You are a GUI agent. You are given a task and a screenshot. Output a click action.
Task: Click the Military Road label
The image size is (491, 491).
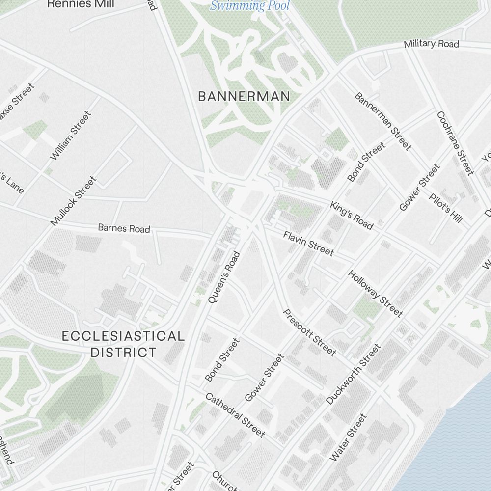pyautogui.click(x=431, y=44)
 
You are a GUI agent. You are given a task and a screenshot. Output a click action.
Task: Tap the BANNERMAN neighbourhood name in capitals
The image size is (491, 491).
pyautogui.click(x=244, y=97)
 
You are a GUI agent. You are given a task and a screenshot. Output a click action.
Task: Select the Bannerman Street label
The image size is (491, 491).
pyautogui.click(x=382, y=121)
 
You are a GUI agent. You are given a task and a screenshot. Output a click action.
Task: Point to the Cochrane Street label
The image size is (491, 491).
pyautogui.click(x=456, y=143)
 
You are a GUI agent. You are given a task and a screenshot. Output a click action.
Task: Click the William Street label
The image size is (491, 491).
pyautogui.click(x=71, y=135)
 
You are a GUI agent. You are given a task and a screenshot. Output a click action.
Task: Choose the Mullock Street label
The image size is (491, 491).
pyautogui.click(x=74, y=201)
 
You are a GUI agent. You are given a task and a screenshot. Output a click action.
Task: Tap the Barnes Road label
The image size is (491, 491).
pyautogui.click(x=124, y=228)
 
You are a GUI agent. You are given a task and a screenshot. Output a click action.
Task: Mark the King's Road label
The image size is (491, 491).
pyautogui.click(x=352, y=215)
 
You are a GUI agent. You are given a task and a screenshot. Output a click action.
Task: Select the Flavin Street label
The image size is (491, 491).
pyautogui.click(x=308, y=243)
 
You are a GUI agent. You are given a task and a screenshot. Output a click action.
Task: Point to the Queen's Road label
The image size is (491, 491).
pyautogui.click(x=223, y=277)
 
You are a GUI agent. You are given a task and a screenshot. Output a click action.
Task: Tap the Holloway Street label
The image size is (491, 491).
pyautogui.click(x=376, y=293)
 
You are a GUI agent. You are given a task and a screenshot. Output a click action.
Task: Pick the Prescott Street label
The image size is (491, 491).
pyautogui.click(x=310, y=332)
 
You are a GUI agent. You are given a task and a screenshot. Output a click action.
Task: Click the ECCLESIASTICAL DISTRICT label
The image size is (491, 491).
pyautogui.click(x=123, y=344)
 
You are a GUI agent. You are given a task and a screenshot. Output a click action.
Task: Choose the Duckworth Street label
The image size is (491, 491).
pyautogui.click(x=354, y=374)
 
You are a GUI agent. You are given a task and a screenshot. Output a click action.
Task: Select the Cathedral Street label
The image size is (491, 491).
pyautogui.click(x=235, y=415)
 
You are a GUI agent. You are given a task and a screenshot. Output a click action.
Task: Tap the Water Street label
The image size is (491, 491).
pyautogui.click(x=348, y=437)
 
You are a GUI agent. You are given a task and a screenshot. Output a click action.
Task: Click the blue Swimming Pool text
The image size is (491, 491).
pyautogui.click(x=250, y=6)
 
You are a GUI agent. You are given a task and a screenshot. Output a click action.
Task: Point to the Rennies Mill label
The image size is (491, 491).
pyautogui.click(x=81, y=4)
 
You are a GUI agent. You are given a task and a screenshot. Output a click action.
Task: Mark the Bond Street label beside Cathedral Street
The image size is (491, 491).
pyautogui.click(x=222, y=360)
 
